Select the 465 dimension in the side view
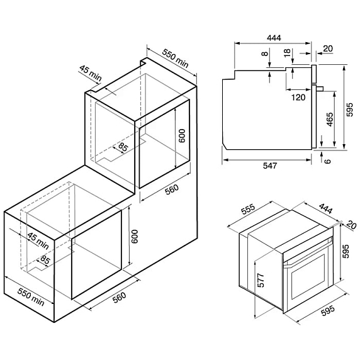coord(329,120)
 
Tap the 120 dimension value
coord(298,97)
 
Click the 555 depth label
coord(249,214)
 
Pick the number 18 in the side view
coord(287,53)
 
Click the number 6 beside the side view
coord(328,160)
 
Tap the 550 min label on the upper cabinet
coord(172,59)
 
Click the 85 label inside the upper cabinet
coord(123,149)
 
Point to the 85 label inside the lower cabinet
coord(45,259)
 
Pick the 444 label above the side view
coord(274,38)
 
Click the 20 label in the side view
coord(327,48)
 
